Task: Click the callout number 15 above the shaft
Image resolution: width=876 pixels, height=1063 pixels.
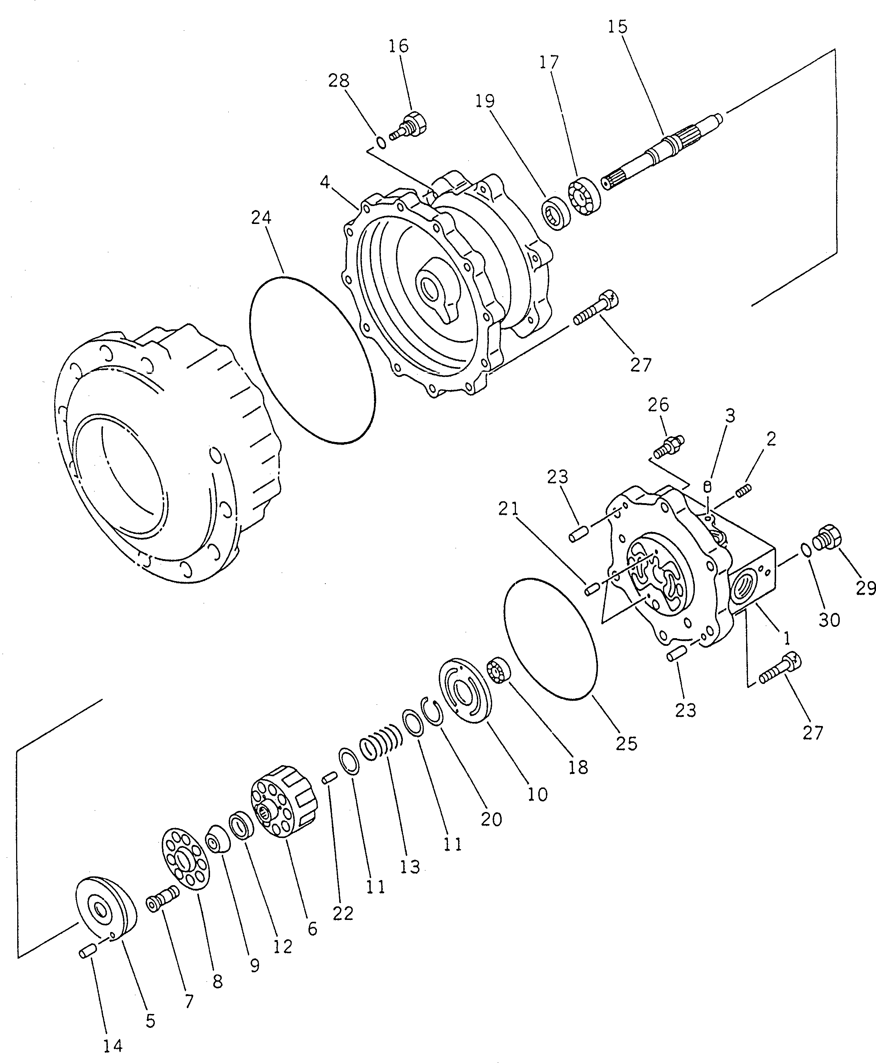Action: click(617, 26)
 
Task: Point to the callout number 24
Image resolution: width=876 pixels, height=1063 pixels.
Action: click(261, 218)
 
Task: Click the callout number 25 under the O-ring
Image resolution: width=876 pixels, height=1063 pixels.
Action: click(626, 743)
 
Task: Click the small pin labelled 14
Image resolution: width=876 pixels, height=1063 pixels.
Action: click(86, 952)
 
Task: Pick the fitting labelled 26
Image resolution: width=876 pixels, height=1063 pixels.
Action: click(670, 446)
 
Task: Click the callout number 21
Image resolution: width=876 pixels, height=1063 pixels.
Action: click(509, 509)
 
